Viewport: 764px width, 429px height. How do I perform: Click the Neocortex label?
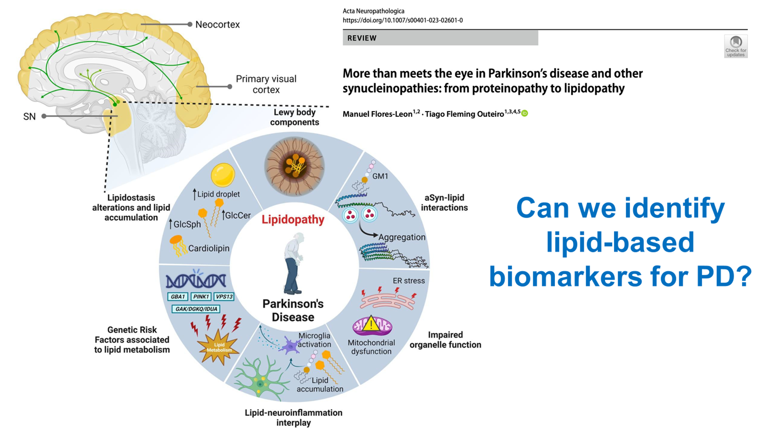(x=217, y=24)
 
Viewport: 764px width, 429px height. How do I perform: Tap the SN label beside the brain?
(x=29, y=116)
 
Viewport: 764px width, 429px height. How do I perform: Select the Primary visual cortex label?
(x=266, y=84)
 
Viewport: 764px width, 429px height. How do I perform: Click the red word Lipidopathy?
(x=293, y=220)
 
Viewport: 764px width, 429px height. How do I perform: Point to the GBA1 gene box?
(x=178, y=296)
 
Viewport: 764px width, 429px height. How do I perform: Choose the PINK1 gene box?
(x=201, y=296)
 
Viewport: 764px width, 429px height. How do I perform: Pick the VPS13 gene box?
(x=224, y=296)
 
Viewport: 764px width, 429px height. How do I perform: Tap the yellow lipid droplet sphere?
(x=223, y=175)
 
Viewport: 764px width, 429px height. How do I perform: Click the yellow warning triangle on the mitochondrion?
(x=371, y=323)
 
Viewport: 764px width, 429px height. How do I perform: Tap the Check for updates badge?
(x=736, y=46)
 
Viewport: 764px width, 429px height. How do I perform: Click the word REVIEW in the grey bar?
(x=362, y=38)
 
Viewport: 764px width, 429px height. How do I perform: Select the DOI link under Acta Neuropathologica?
(x=403, y=21)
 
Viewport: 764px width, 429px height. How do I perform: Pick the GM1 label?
(x=380, y=176)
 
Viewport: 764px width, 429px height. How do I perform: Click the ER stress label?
(x=408, y=281)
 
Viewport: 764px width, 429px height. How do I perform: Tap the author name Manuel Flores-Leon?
(x=377, y=114)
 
